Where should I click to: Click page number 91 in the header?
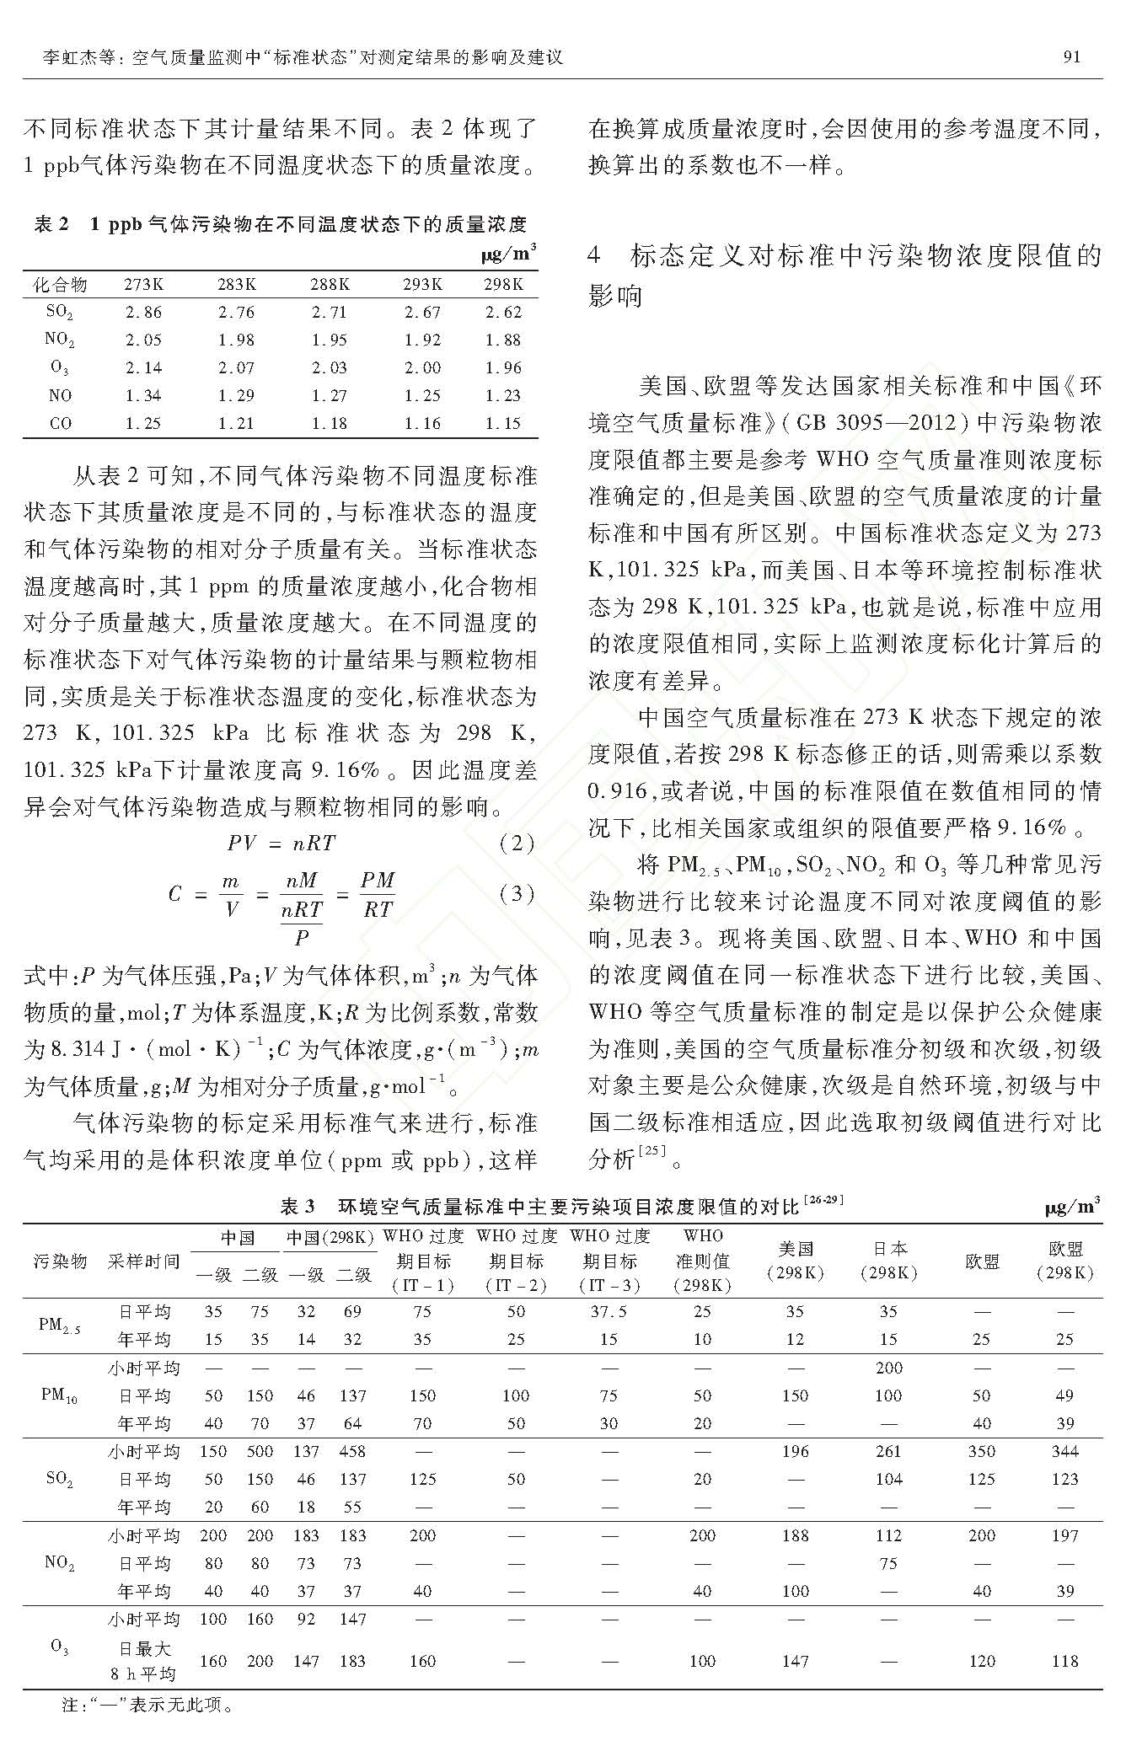point(1071,57)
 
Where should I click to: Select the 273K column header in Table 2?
point(143,284)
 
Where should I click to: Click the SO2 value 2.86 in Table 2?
point(143,312)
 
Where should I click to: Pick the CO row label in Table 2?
point(60,423)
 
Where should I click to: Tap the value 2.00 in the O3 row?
point(422,367)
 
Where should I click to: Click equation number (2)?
point(516,843)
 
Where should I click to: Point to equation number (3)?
point(516,894)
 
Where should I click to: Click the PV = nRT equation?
point(281,843)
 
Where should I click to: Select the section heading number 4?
point(596,256)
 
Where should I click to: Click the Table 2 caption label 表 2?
point(51,224)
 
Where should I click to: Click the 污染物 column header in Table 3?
point(60,1261)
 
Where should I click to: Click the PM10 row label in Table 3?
point(59,1395)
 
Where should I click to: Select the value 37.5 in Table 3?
point(609,1311)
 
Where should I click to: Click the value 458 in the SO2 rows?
point(352,1451)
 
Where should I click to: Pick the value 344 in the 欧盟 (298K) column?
point(1064,1451)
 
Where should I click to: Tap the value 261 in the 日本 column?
point(888,1451)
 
